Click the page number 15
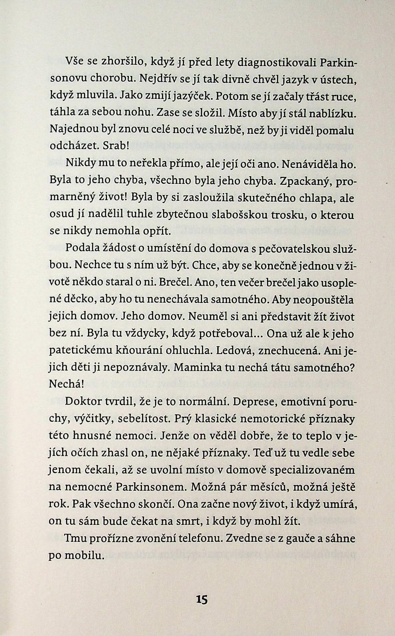pyautogui.click(x=202, y=600)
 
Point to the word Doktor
pyautogui.click(x=85, y=402)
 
